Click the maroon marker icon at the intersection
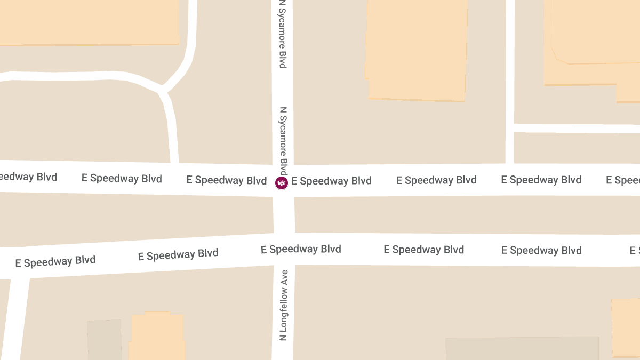point(281,183)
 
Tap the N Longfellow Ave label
point(284,305)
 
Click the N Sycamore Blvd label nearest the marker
point(284,141)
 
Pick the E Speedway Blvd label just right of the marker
point(331,181)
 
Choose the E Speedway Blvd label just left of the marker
point(226,180)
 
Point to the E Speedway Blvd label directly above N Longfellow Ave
point(301,249)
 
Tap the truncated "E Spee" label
point(623,180)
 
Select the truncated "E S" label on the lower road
point(634,251)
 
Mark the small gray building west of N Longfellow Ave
point(105,339)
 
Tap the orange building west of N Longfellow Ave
point(157,336)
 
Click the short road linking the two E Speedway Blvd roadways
point(284,214)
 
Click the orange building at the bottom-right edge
point(625,328)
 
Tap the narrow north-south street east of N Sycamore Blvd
point(510,80)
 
